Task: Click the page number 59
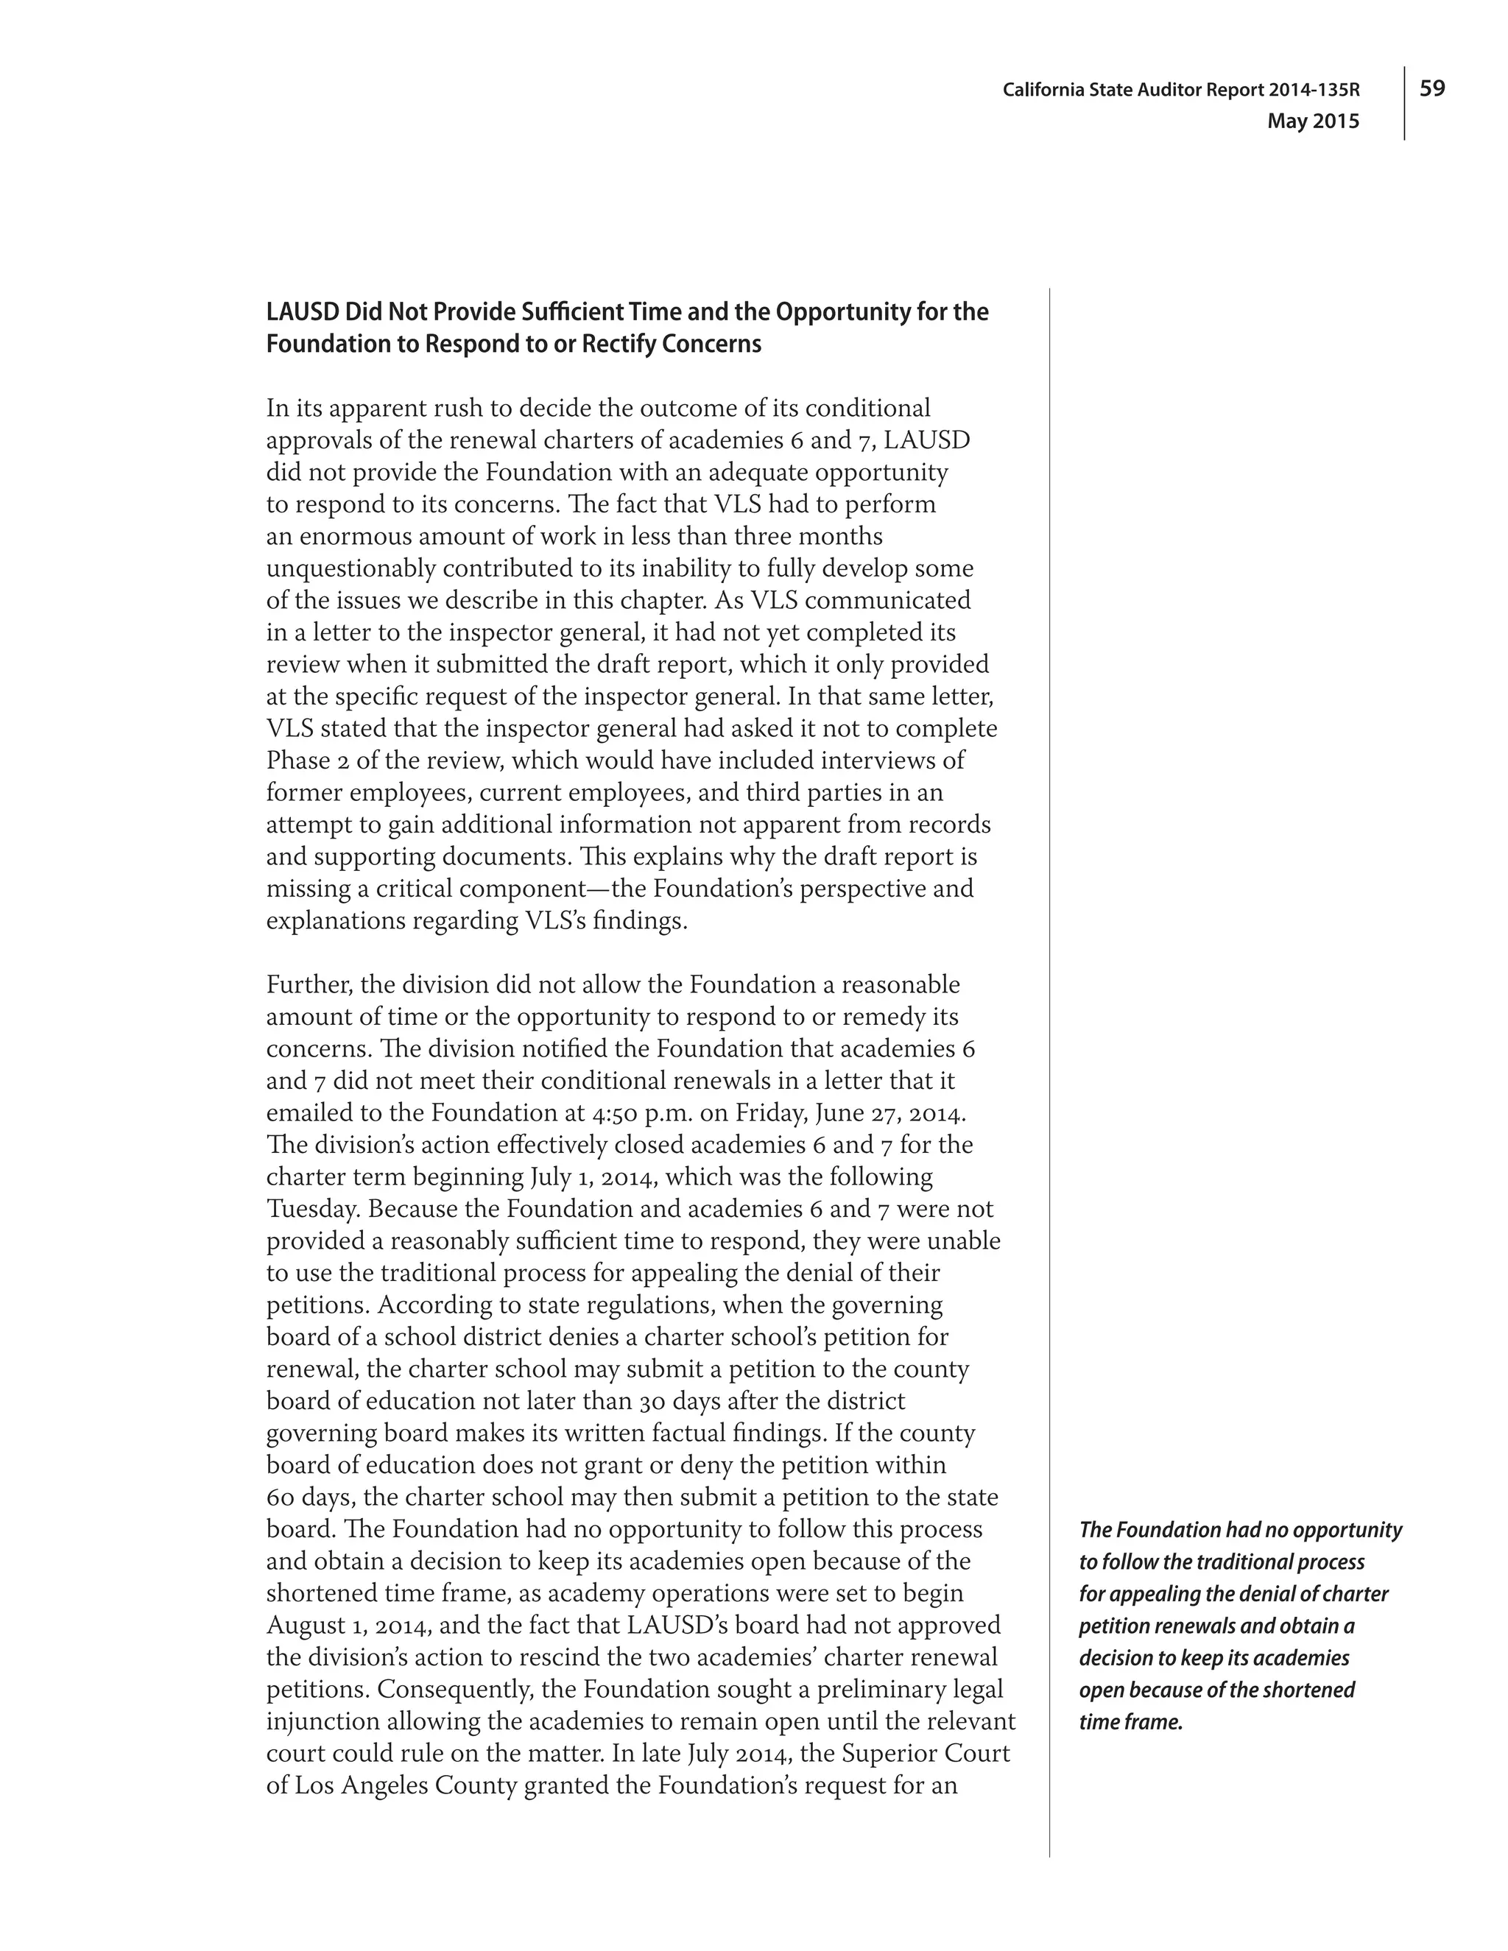tap(1432, 88)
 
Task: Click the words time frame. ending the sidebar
tap(1130, 1721)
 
